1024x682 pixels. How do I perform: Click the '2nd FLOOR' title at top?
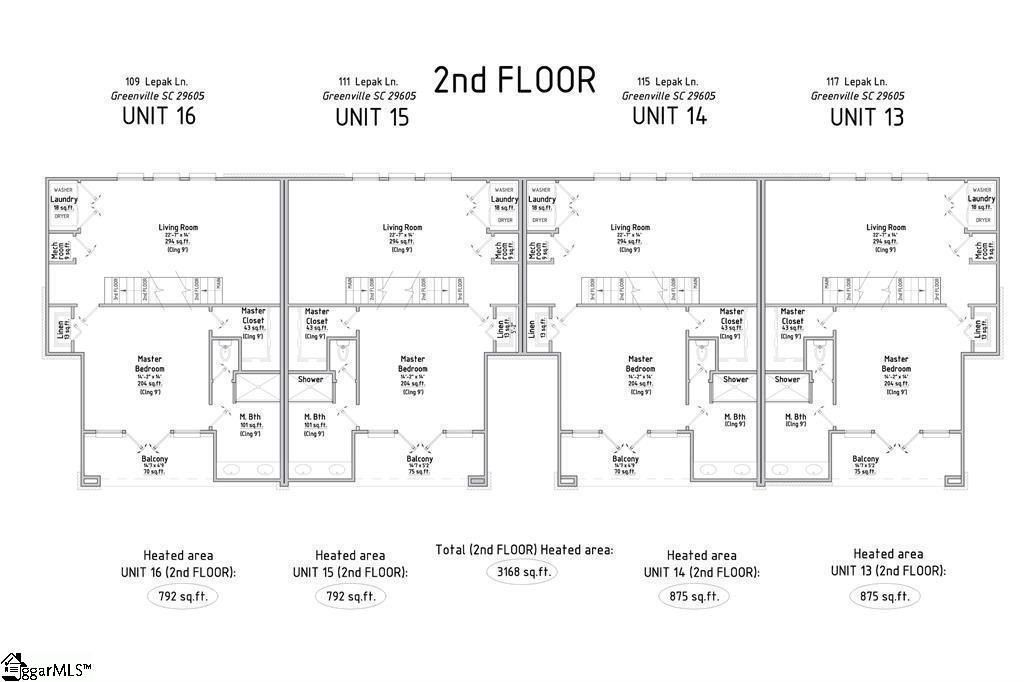[514, 79]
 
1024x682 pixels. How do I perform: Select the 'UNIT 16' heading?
[158, 115]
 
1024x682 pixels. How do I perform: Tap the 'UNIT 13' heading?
[866, 116]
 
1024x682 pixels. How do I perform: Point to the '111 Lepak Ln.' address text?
[369, 81]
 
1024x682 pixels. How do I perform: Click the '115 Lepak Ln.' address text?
[669, 81]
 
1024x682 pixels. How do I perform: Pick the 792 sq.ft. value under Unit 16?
[180, 596]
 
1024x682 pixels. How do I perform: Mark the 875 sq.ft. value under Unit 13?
[884, 596]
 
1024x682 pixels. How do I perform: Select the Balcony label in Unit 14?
[625, 459]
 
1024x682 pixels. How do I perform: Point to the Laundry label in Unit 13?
[981, 199]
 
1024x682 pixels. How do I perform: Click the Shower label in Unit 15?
[310, 380]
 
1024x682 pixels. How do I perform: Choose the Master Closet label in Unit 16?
[253, 316]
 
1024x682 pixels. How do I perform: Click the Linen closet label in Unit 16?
[61, 327]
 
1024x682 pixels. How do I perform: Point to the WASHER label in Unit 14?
[541, 189]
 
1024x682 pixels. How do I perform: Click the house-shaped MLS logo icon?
[13, 664]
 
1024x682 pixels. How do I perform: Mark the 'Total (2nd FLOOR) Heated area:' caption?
[524, 550]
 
